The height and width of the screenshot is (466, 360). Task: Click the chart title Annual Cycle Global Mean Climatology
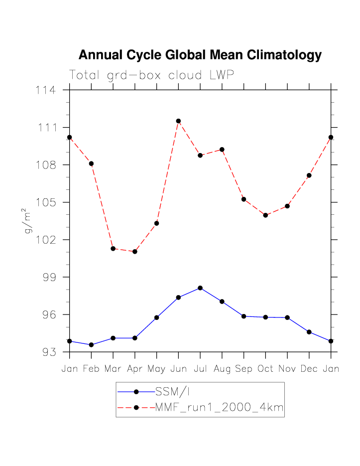(x=200, y=55)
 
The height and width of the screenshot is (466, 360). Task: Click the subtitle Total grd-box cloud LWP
(x=151, y=75)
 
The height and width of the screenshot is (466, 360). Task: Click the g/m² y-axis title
(x=28, y=222)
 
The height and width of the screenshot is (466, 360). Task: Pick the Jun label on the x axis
(x=178, y=369)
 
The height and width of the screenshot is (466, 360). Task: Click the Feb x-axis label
(x=91, y=369)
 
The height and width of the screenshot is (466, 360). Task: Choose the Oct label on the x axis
(x=265, y=369)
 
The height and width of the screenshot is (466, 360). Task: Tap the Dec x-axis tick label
(x=309, y=369)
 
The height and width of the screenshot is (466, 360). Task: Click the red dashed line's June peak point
(x=178, y=121)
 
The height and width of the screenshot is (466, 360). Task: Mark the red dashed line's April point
(x=135, y=252)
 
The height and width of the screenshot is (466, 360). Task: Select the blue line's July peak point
(x=200, y=288)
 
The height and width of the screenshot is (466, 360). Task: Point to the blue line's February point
(x=91, y=345)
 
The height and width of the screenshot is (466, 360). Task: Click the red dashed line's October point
(x=265, y=215)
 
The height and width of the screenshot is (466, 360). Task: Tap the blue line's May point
(x=156, y=317)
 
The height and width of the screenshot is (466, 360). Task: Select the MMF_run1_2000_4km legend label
(x=219, y=408)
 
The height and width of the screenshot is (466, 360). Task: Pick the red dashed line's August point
(x=222, y=150)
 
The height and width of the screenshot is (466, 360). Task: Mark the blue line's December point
(x=309, y=332)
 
